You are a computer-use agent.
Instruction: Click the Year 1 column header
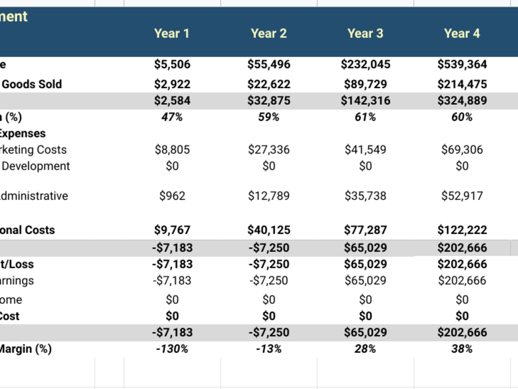click(x=172, y=34)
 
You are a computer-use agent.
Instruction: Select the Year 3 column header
click(x=365, y=34)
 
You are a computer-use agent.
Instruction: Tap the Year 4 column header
click(x=462, y=34)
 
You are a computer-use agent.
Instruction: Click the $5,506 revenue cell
click(x=172, y=65)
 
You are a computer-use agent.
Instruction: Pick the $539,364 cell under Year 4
click(x=462, y=65)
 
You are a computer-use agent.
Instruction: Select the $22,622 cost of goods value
click(x=269, y=84)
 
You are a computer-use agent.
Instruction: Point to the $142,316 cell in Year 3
click(x=365, y=101)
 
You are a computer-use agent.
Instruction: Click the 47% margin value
click(x=172, y=117)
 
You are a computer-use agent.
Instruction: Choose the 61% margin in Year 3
click(x=365, y=117)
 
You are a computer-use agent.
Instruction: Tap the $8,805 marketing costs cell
click(x=172, y=150)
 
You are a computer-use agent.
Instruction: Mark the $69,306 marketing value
click(x=462, y=150)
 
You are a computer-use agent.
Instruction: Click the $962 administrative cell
click(x=172, y=196)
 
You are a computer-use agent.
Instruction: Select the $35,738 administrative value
click(x=365, y=196)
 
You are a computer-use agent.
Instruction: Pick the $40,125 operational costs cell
click(x=269, y=230)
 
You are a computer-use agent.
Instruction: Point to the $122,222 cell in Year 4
click(x=462, y=230)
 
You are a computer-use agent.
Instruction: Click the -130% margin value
click(x=172, y=349)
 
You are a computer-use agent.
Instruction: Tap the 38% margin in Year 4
click(x=462, y=349)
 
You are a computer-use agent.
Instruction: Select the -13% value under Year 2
click(x=269, y=349)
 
